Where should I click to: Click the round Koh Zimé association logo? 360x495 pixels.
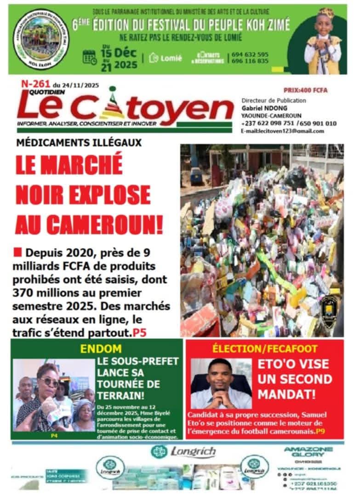[x=41, y=39]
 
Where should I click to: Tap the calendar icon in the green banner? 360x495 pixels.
[x=89, y=57]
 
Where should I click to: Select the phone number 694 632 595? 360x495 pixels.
[x=250, y=54]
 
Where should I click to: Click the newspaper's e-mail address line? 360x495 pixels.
[x=282, y=131]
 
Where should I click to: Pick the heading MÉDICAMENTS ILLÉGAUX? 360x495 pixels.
[x=79, y=143]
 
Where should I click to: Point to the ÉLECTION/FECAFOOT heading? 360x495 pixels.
[x=264, y=349]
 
